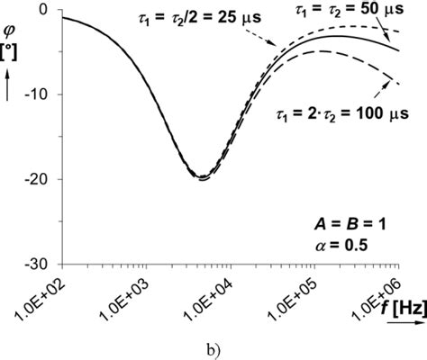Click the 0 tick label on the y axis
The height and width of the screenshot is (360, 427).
[45, 9]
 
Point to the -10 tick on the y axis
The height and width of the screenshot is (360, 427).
[40, 94]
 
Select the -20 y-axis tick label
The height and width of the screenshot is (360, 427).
[40, 179]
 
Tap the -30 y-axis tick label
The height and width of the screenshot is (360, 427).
[40, 265]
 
